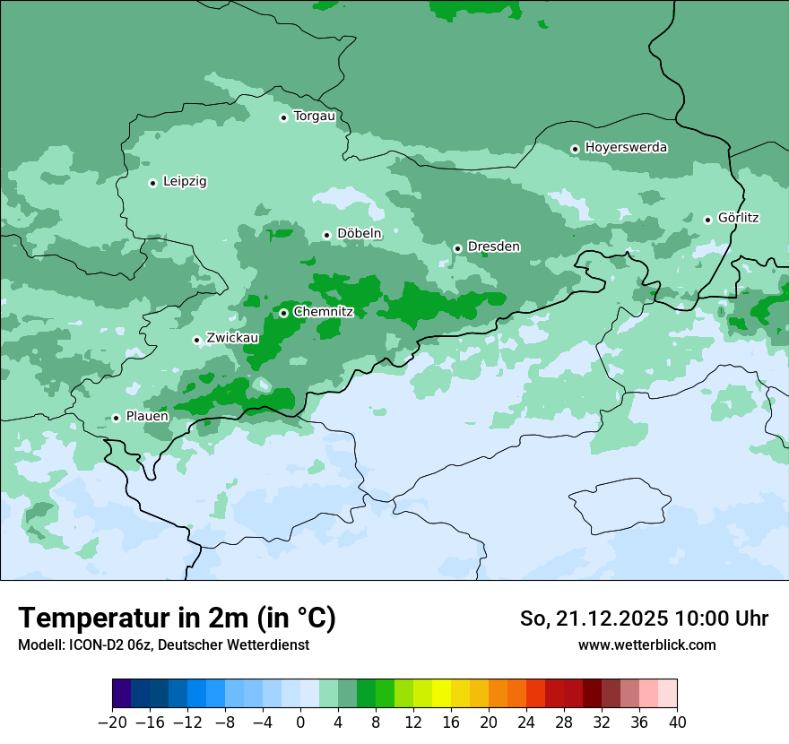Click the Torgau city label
(314, 117)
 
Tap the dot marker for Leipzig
(152, 183)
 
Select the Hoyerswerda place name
(626, 148)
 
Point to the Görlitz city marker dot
(707, 220)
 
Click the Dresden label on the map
(493, 247)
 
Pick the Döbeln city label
(359, 234)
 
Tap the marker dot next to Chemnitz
(283, 313)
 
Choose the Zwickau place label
(232, 339)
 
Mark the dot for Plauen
(116, 418)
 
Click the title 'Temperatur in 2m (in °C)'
(177, 619)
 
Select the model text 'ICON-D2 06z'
(106, 645)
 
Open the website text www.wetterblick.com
(646, 645)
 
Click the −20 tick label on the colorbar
(113, 722)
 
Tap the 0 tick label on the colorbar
(300, 722)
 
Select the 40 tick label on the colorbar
(677, 722)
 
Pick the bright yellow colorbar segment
(441, 694)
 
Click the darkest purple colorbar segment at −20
(122, 694)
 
